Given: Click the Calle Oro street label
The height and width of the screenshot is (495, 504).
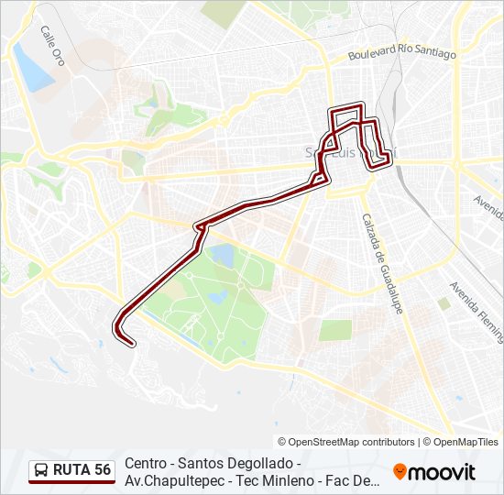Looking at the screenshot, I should [52, 44].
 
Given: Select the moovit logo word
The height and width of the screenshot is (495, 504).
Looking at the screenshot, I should [443, 472].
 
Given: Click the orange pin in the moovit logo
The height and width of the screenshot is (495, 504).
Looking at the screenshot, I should [400, 472].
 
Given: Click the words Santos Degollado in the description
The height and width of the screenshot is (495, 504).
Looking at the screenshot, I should [229, 463].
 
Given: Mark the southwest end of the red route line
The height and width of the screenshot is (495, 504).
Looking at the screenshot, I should [132, 344].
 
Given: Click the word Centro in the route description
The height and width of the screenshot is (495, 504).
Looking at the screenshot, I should [147, 463].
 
